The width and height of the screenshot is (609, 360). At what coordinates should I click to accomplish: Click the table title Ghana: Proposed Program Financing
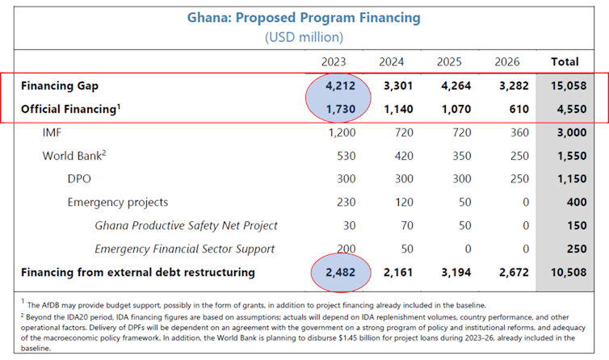(x=304, y=17)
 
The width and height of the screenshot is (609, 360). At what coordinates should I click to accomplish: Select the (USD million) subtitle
(x=304, y=37)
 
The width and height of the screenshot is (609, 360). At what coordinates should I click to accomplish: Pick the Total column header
(x=564, y=61)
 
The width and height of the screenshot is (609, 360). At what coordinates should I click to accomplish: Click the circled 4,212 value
(x=339, y=86)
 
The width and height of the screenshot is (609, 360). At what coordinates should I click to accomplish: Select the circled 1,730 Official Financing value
(x=339, y=109)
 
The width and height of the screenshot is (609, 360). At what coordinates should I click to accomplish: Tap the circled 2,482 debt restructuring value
(x=339, y=272)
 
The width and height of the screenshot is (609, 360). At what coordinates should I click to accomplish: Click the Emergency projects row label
(x=118, y=202)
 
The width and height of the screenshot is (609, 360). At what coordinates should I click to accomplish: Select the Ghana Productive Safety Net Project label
(x=186, y=225)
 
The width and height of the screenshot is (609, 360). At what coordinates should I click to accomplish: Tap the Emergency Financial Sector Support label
(x=184, y=249)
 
